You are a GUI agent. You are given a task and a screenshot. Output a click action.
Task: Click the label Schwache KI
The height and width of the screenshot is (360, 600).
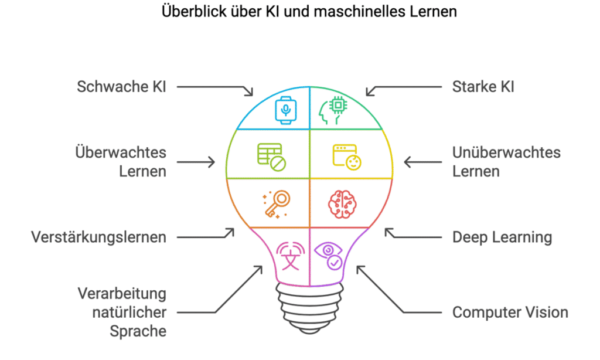[x=122, y=87]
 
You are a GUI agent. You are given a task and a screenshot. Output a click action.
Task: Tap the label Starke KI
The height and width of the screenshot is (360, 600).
[x=483, y=87]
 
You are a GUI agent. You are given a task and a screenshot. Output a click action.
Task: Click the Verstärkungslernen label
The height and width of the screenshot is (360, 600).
[x=98, y=237]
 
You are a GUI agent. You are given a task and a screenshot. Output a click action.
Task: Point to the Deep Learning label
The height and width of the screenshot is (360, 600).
[x=502, y=237]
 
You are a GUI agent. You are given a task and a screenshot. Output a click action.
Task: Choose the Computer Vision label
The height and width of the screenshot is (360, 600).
[x=510, y=312]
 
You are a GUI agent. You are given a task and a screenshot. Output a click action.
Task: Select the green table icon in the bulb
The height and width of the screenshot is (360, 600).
[x=271, y=156]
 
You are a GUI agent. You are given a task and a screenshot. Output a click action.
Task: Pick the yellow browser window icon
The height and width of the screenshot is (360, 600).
[x=347, y=156]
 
